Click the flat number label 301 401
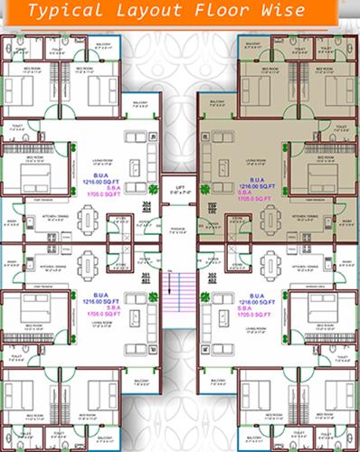click(x=147, y=278)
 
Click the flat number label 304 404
click(x=147, y=207)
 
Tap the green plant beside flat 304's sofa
click(x=154, y=189)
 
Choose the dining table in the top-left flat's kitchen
click(x=88, y=220)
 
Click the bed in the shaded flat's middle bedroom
click(x=321, y=171)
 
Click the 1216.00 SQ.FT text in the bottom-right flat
click(x=256, y=303)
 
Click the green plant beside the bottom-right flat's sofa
click(x=206, y=296)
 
